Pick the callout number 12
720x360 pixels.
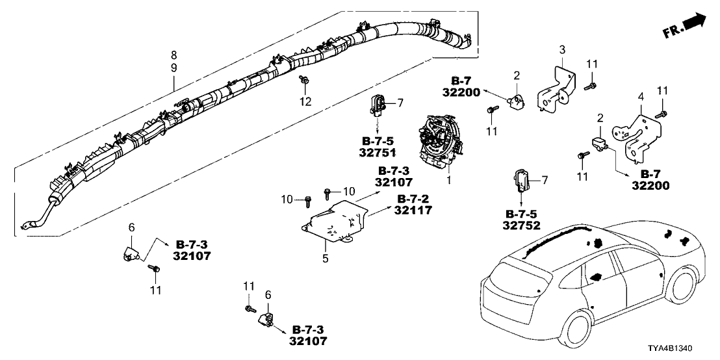click(305, 101)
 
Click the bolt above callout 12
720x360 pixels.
click(304, 81)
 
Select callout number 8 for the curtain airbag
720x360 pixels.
click(174, 55)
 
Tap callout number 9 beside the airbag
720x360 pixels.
click(174, 68)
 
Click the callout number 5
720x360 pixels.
click(326, 259)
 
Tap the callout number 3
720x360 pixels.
click(563, 49)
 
